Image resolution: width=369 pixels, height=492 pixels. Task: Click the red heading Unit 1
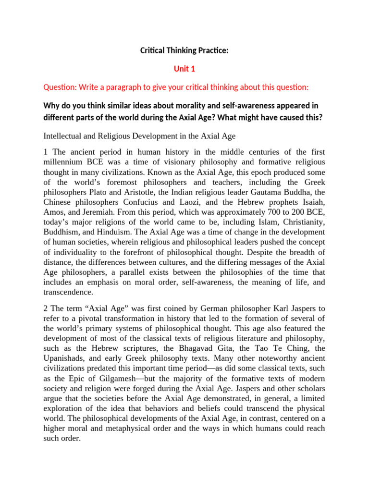(184, 69)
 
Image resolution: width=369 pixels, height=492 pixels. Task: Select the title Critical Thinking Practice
(184, 50)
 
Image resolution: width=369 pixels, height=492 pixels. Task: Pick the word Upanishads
(67, 358)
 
